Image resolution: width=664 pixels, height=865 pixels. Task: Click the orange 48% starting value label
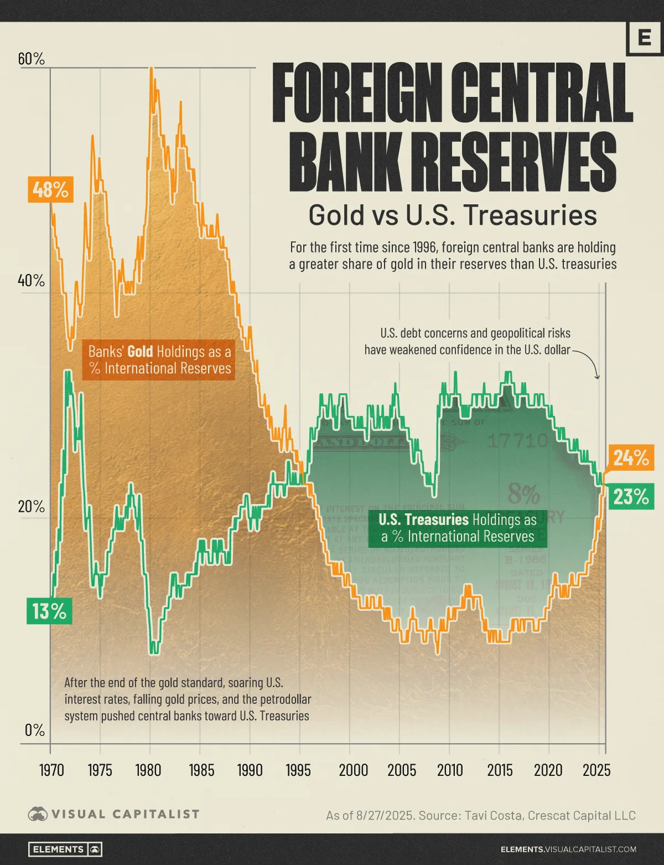point(50,190)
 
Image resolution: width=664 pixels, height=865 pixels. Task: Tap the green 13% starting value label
point(49,611)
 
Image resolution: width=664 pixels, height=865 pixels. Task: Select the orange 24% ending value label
point(630,457)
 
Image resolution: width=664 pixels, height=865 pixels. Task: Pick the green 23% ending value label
point(630,497)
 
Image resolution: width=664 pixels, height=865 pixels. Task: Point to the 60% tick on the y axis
point(32,59)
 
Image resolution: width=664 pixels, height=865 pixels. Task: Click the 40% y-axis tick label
point(32,281)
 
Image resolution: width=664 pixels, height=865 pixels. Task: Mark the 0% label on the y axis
point(34,730)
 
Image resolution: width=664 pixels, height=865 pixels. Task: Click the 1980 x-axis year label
point(149,770)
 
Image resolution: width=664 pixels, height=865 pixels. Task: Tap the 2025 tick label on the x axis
point(597,770)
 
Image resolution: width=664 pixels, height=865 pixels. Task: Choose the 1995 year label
point(298,770)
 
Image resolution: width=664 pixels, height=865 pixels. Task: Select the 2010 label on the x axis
point(449,770)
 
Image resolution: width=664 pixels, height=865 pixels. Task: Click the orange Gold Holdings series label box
point(159,360)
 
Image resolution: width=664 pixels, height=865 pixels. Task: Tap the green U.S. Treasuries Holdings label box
point(458,528)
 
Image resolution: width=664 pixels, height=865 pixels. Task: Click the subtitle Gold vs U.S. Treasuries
point(452,215)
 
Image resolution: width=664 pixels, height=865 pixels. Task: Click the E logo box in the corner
point(644,38)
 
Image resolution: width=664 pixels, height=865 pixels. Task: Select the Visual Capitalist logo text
point(125,814)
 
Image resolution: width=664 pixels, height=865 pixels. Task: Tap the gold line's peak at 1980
point(151,69)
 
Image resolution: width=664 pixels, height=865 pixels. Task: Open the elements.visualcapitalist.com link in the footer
point(568,849)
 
